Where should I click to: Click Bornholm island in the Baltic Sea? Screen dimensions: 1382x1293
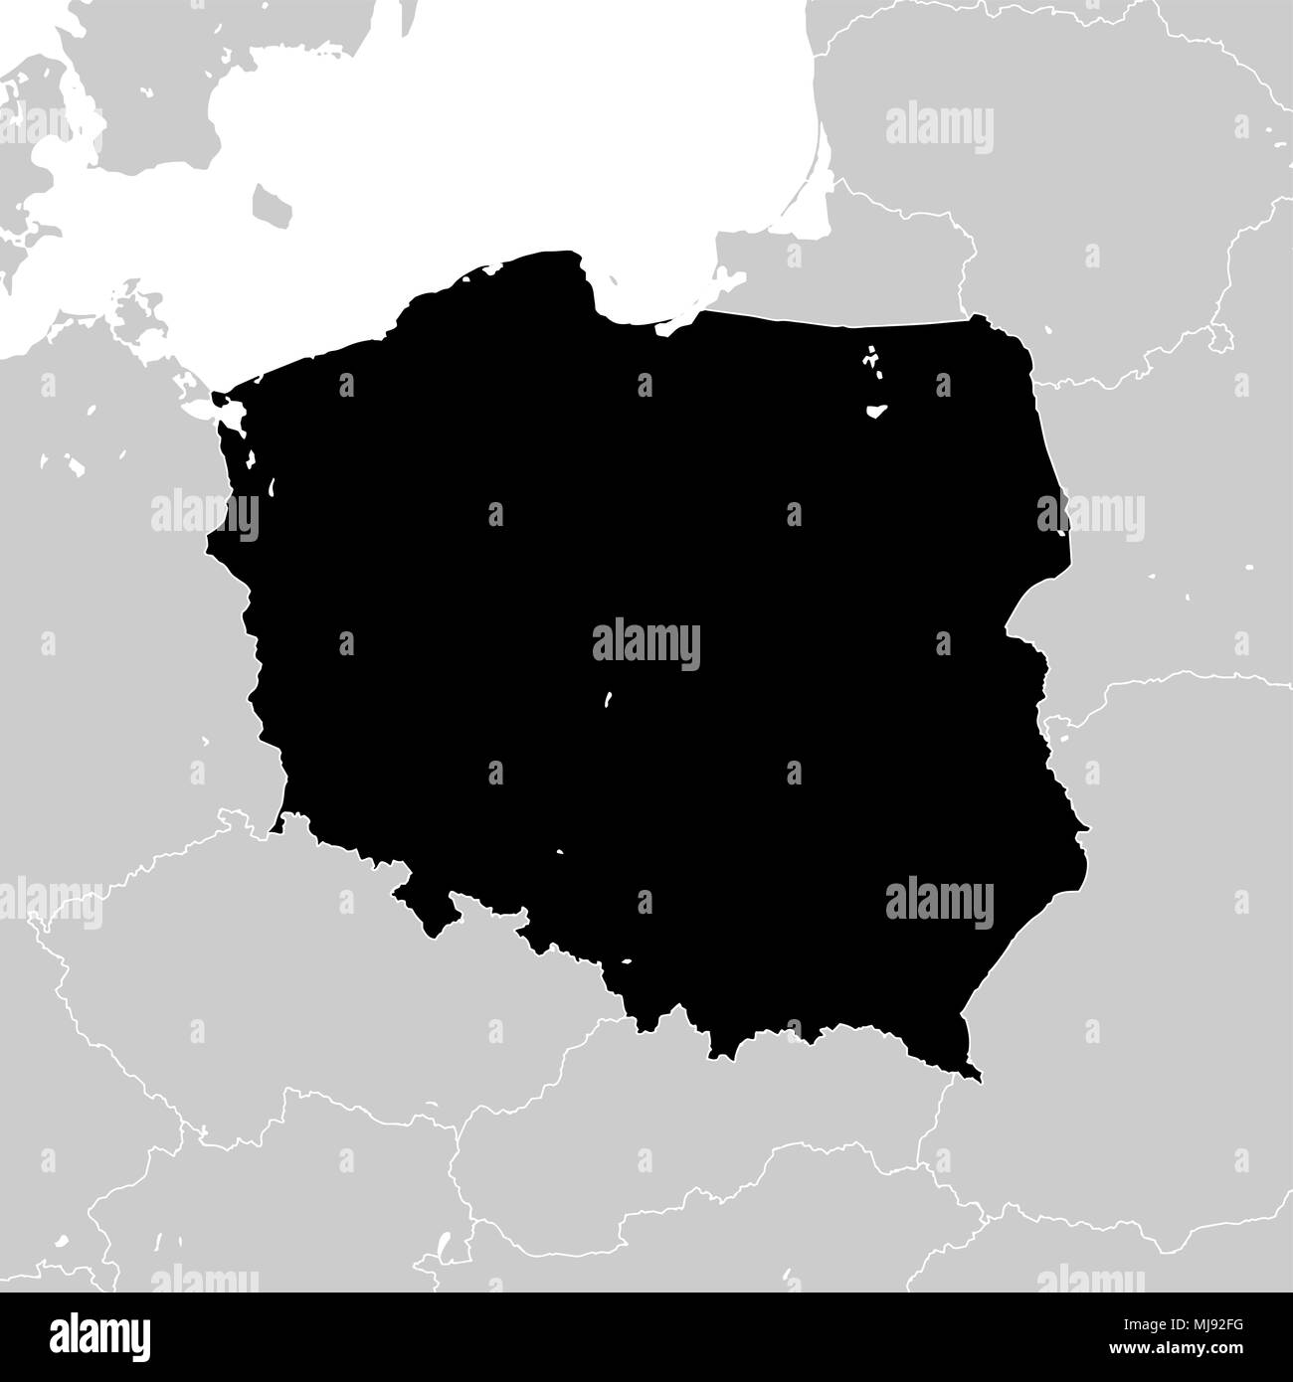click(x=271, y=204)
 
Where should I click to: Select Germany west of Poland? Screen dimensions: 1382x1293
click(x=99, y=597)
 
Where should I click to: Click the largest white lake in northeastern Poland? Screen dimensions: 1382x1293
click(x=875, y=410)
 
